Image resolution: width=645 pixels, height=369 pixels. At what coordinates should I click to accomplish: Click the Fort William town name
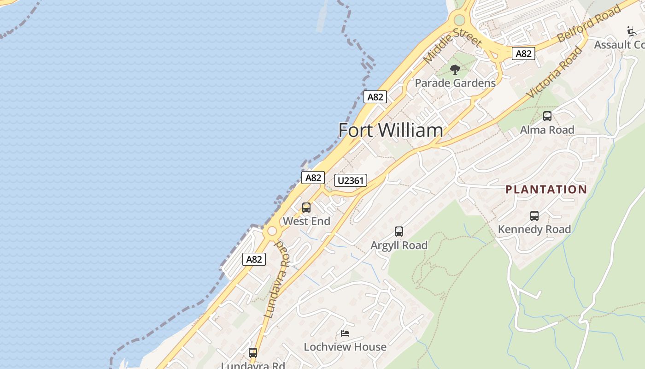[391, 130]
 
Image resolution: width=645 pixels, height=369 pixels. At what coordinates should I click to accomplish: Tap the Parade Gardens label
[455, 83]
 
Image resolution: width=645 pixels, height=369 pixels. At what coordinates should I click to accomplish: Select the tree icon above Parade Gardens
[455, 70]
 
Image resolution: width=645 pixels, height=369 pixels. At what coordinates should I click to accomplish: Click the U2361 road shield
[351, 180]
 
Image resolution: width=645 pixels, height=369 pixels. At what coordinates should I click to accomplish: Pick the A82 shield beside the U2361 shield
[313, 178]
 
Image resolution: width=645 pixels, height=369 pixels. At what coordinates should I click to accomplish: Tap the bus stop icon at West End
[306, 208]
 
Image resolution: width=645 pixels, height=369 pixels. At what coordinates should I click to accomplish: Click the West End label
[306, 221]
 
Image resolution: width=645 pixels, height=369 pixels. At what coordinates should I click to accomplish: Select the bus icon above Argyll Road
[399, 232]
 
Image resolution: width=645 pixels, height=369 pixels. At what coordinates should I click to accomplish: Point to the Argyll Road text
[399, 245]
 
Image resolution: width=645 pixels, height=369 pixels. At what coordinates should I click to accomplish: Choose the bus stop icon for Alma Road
[547, 116]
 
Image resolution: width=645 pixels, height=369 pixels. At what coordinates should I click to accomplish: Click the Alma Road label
[547, 130]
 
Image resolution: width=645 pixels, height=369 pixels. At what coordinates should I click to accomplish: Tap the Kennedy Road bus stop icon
[534, 215]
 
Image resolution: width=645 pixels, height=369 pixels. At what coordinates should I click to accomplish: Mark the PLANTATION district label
[546, 190]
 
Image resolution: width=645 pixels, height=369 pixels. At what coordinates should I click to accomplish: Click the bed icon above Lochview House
[345, 333]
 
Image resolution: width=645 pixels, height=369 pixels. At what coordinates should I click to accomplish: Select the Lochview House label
[345, 347]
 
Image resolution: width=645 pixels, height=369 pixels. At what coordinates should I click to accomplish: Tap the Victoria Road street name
[555, 71]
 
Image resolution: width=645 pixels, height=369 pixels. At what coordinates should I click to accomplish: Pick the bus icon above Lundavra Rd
[253, 353]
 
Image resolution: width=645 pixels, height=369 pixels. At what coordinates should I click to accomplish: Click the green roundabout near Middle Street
[459, 20]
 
